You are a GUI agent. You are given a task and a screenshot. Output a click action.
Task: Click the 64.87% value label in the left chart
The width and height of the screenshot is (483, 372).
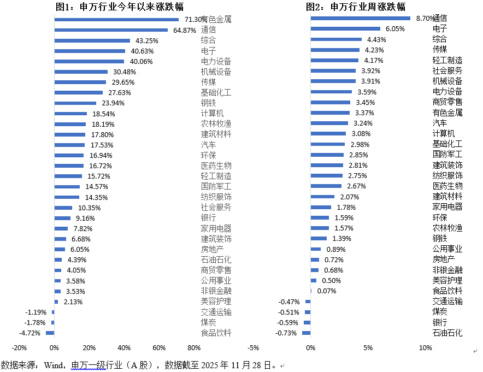185,30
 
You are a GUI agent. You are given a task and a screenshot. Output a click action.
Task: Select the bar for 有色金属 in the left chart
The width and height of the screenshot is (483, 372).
116,19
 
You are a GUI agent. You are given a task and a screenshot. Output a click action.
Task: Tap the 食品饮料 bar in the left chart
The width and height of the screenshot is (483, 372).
50,333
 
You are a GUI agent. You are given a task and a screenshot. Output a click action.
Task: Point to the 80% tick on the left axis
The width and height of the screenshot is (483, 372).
194,348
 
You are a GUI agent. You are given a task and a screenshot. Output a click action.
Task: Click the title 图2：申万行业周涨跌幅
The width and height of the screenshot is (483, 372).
356,7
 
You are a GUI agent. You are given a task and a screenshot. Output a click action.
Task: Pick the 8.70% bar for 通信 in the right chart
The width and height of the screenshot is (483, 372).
360,18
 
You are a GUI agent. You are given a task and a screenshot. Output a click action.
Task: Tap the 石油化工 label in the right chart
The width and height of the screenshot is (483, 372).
447,333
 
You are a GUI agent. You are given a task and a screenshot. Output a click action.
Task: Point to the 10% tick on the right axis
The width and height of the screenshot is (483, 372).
425,348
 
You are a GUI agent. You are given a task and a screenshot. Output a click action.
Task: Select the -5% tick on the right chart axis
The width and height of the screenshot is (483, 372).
253,348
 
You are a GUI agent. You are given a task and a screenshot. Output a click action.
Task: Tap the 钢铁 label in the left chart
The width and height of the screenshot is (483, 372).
209,103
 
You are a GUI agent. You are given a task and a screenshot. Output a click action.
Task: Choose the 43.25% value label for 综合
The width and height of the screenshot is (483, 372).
147,40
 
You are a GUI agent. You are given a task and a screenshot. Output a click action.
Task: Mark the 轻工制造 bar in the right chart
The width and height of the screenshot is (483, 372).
334,60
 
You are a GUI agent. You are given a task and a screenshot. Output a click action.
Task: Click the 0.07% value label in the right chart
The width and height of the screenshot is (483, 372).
326,291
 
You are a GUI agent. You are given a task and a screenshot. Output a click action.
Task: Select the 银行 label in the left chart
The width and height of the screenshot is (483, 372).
209,218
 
